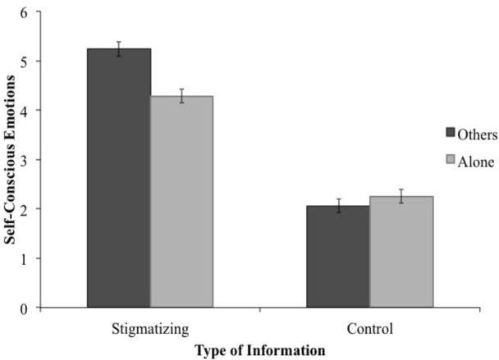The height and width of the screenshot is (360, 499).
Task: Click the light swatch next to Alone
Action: click(x=449, y=162)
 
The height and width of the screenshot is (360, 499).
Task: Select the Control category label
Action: click(x=370, y=330)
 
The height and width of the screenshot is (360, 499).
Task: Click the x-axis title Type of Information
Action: click(x=259, y=349)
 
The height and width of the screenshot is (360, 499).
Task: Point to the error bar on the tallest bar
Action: click(x=119, y=49)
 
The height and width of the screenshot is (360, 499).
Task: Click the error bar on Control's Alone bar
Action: click(x=401, y=196)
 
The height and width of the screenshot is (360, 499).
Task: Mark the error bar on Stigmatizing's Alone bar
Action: click(x=181, y=96)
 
